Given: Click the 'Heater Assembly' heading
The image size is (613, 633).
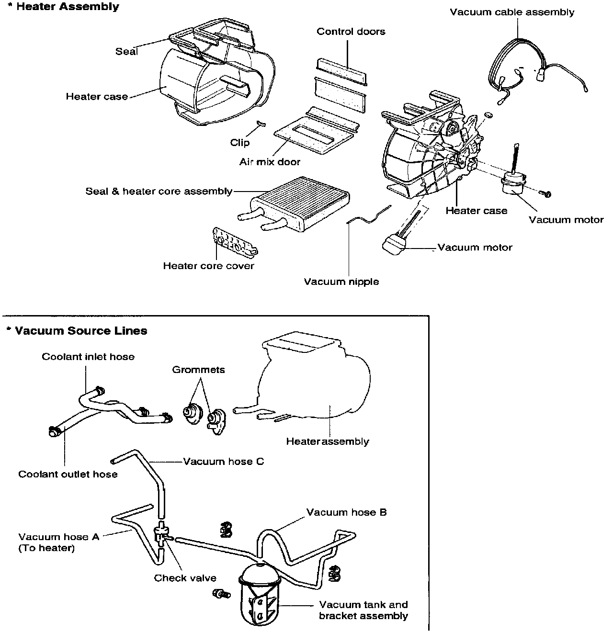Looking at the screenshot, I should pos(67,7).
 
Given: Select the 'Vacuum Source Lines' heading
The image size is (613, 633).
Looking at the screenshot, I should pos(80,331).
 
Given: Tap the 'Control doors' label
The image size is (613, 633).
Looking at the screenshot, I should pos(351,32).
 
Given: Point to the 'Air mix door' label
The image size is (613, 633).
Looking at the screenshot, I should pos(270,162).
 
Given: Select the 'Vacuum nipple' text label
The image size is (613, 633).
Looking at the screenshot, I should pos(341,282).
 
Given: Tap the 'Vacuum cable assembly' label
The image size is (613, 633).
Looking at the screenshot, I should pos(511,12).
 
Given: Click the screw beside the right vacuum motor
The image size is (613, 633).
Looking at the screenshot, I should pos(545,192).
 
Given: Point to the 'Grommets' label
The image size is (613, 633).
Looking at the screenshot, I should pos(198,370).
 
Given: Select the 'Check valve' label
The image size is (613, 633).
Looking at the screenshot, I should pos(185,578).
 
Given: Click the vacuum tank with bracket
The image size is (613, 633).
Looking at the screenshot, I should pos(259,594).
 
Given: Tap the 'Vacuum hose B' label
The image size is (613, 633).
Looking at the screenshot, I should pos(346,512).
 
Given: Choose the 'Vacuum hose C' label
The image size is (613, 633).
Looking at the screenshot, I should pos(223,462).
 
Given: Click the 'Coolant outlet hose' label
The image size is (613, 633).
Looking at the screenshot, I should pos(68,474).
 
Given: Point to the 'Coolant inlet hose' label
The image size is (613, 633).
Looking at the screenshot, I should pos(88,357).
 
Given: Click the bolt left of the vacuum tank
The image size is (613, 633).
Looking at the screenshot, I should pos(220,594).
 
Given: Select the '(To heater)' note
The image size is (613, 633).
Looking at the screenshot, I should pos(46,548).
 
